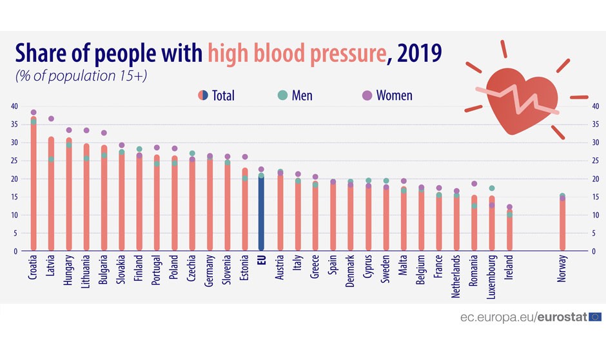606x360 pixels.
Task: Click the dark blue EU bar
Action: [261, 213]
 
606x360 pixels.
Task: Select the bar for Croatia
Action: [34, 187]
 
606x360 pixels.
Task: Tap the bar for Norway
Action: [562, 226]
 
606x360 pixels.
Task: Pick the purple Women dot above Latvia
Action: [51, 119]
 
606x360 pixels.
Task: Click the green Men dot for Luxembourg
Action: [492, 188]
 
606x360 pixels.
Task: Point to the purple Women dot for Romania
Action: [474, 184]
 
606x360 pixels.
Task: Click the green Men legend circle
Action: [282, 95]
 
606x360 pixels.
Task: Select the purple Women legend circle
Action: [367, 95]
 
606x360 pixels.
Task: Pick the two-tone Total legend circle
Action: [203, 95]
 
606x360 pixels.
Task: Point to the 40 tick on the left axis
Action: [14, 106]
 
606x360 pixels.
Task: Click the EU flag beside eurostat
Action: [594, 317]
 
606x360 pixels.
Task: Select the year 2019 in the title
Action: [419, 53]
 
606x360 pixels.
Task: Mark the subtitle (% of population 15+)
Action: [81, 75]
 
